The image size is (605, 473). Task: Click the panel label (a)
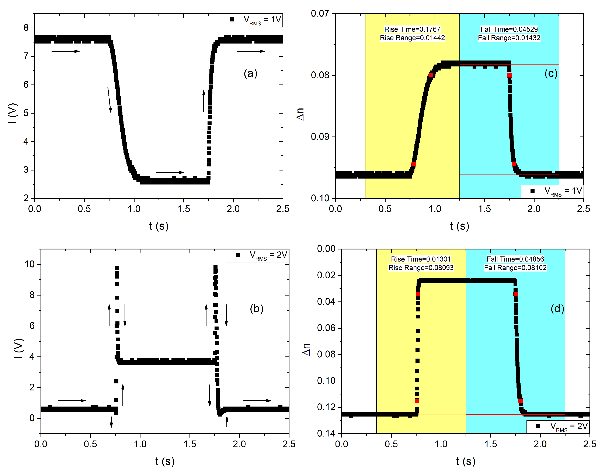click(x=250, y=74)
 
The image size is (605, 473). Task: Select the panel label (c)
click(x=550, y=74)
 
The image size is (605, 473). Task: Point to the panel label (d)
click(x=557, y=309)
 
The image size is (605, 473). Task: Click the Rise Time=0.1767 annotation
click(x=412, y=29)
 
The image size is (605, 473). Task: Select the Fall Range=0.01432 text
click(x=509, y=38)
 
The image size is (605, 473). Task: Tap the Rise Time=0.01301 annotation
click(x=421, y=259)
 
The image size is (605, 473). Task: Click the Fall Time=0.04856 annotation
click(x=515, y=259)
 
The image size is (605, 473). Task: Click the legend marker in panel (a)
click(x=232, y=19)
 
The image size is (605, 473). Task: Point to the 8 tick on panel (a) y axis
click(x=26, y=28)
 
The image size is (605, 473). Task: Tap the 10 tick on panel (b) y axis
click(x=30, y=264)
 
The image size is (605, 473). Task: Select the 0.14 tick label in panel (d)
click(x=326, y=433)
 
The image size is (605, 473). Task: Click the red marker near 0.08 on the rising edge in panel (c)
click(x=431, y=75)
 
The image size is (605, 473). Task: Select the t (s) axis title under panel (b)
click(x=165, y=461)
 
